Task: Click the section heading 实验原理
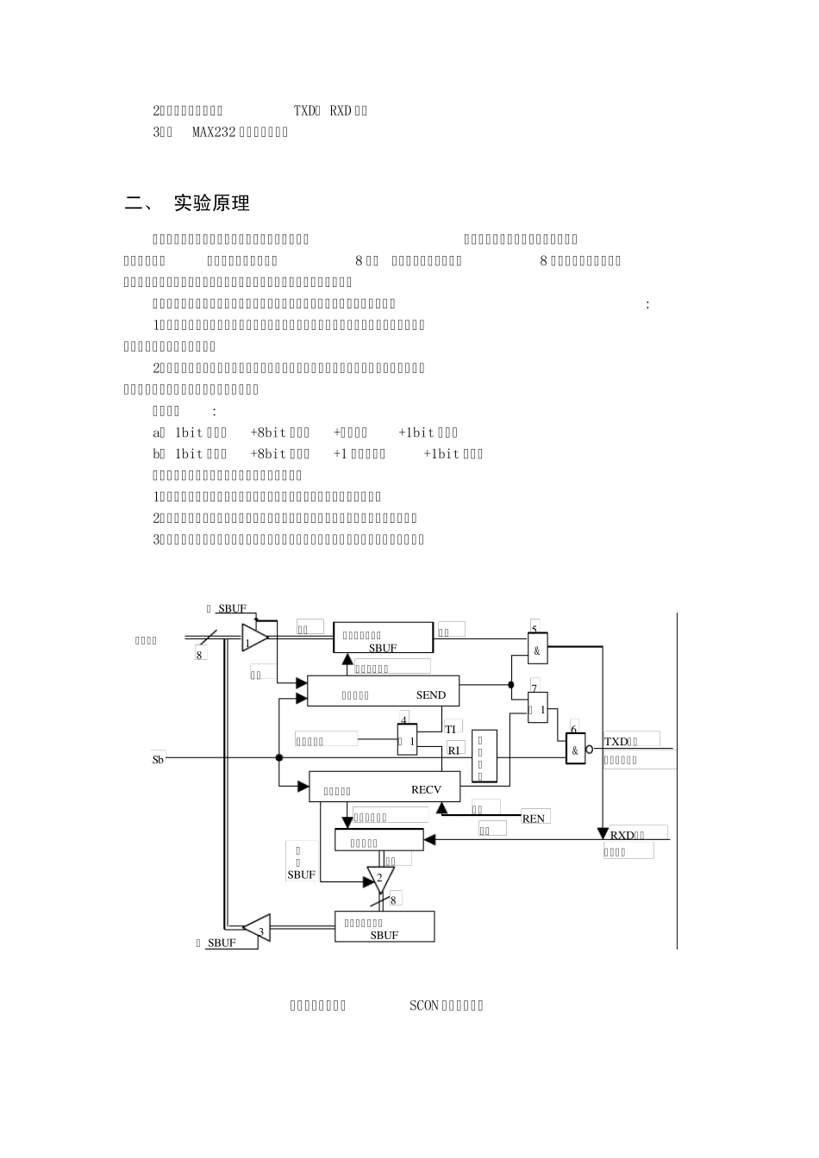click(x=211, y=203)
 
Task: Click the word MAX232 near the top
click(x=213, y=132)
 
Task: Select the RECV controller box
click(x=384, y=788)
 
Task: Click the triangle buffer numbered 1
click(x=253, y=638)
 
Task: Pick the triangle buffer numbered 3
click(x=258, y=928)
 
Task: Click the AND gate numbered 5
click(x=537, y=651)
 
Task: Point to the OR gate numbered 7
click(x=538, y=708)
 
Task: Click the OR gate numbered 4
click(x=407, y=740)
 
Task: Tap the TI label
click(x=450, y=729)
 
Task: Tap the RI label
click(x=454, y=750)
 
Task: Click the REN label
click(x=534, y=819)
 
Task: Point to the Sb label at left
click(x=158, y=760)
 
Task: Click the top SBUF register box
click(x=383, y=638)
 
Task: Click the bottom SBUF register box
click(x=384, y=927)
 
